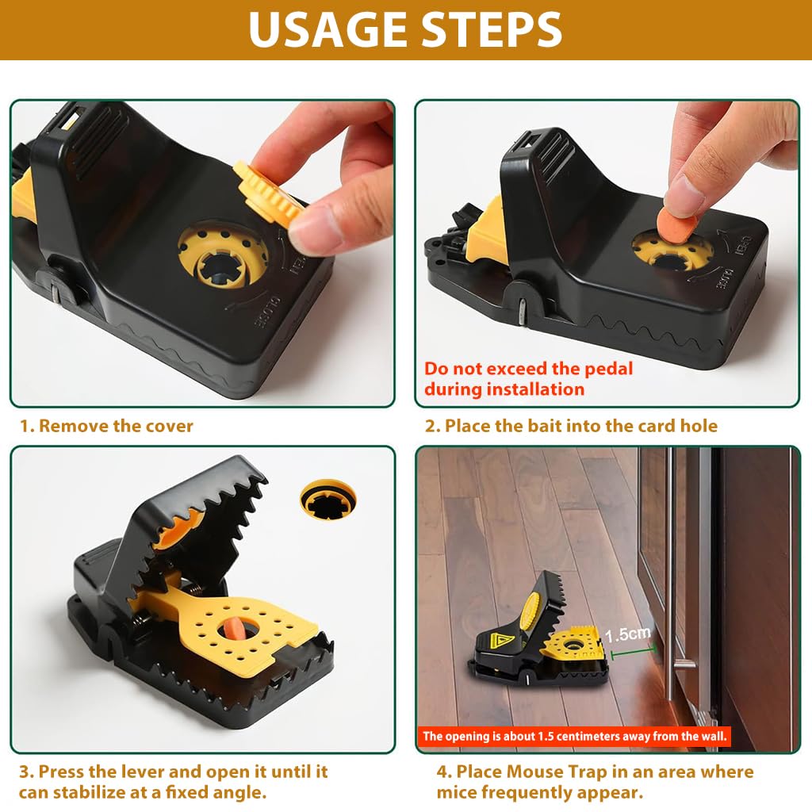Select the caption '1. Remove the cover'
[x=106, y=426]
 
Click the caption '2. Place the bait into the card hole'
[x=571, y=426]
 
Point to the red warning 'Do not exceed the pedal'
[x=528, y=369]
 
